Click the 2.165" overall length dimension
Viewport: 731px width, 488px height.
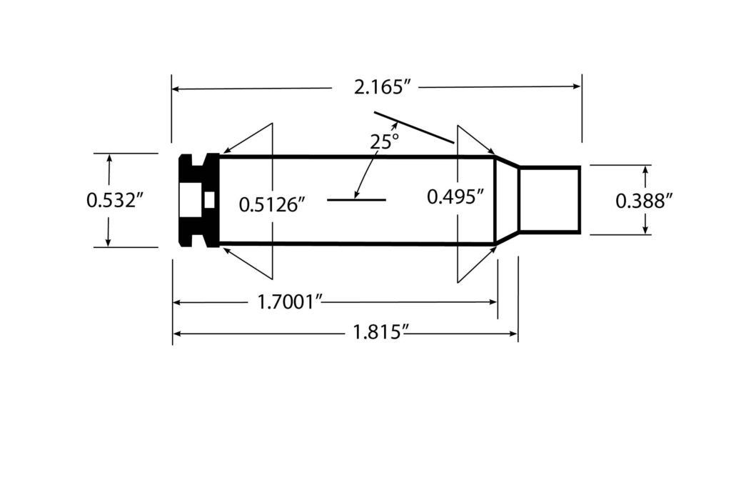[x=383, y=87]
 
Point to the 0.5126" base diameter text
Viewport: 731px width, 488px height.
[x=272, y=205]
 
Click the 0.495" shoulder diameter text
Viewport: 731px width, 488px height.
[x=455, y=196]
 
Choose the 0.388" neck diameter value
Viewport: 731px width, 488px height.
[x=645, y=201]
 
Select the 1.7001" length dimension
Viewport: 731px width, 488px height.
[x=291, y=302]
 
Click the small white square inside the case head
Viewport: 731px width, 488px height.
[x=208, y=201]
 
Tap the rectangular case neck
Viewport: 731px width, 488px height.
[x=548, y=200]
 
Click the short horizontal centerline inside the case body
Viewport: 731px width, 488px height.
[x=356, y=200]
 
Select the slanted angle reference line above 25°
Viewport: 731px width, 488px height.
[x=414, y=128]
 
